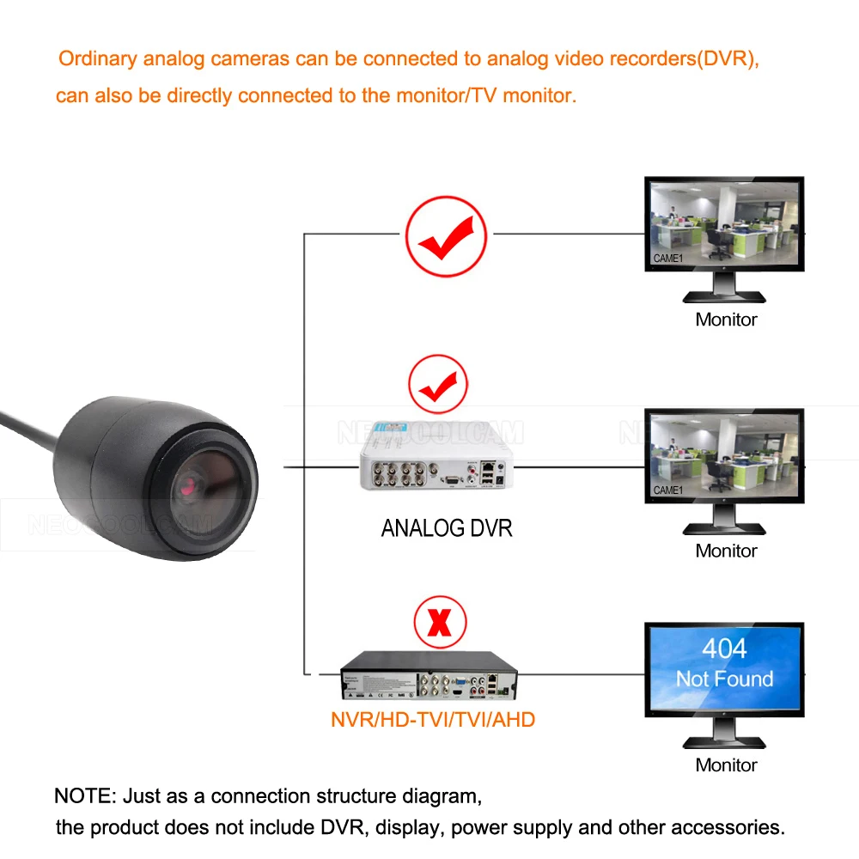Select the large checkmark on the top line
click(446, 236)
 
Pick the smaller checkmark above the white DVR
click(438, 384)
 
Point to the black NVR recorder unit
click(429, 675)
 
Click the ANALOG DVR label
click(446, 527)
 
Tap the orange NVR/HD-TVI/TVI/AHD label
click(433, 719)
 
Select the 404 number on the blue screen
click(724, 649)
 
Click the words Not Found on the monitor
click(724, 679)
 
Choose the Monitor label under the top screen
click(726, 320)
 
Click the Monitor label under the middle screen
click(726, 551)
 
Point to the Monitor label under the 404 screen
click(726, 765)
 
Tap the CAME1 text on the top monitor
click(668, 258)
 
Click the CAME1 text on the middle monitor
click(668, 490)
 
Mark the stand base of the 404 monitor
click(723, 743)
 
